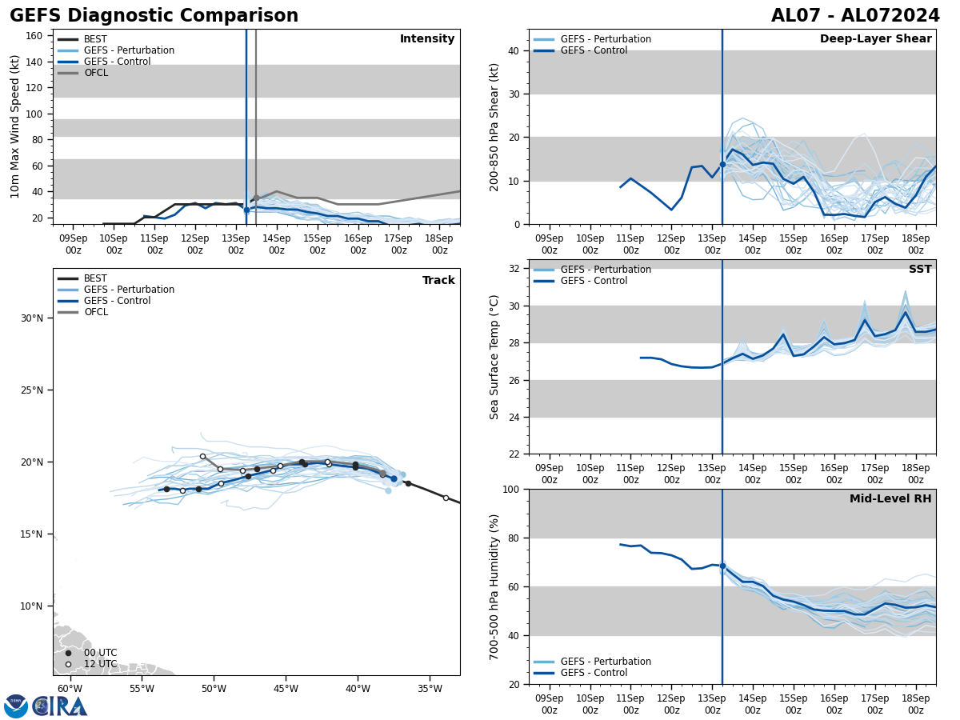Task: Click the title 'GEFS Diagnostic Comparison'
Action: pos(154,16)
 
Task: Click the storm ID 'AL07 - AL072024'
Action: pos(855,16)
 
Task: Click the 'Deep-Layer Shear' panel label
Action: pos(875,39)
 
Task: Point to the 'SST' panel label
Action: pos(919,270)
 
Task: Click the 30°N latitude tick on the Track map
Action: pos(32,318)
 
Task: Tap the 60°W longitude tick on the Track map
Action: pos(70,690)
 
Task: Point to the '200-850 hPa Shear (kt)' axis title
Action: pos(494,126)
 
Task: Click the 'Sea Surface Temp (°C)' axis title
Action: pos(494,357)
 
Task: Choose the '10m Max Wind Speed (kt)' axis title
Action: pos(16,126)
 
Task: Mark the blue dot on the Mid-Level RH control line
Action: pos(722,566)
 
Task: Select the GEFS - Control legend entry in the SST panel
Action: pos(594,281)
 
